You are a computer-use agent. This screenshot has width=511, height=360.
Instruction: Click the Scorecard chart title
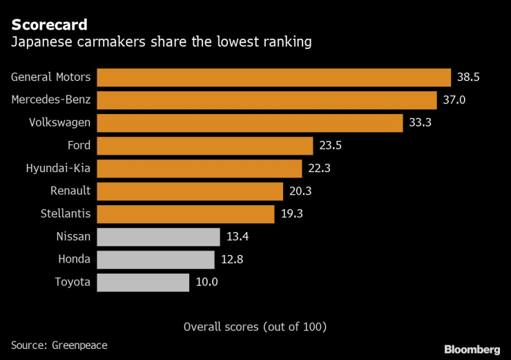click(x=49, y=25)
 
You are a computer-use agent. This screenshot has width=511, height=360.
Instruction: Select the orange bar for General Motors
click(x=273, y=77)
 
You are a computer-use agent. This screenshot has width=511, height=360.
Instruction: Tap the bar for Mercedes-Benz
click(x=267, y=100)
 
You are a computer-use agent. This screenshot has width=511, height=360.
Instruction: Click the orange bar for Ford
click(x=205, y=146)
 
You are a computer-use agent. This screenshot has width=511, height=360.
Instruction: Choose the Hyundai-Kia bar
click(x=200, y=169)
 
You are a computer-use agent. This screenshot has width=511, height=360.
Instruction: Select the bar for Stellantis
click(x=186, y=214)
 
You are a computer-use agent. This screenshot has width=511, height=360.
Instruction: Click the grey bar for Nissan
click(x=159, y=237)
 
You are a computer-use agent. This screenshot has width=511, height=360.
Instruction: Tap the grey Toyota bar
click(x=143, y=283)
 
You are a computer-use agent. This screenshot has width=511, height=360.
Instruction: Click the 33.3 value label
click(x=420, y=123)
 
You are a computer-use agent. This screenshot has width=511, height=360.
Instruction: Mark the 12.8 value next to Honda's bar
click(x=232, y=260)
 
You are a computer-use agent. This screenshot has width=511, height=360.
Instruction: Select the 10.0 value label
click(x=206, y=283)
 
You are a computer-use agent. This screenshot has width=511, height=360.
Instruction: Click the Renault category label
click(x=70, y=191)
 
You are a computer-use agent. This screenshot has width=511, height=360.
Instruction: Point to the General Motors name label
click(x=51, y=77)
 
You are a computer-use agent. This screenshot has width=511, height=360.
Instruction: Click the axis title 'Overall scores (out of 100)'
click(x=255, y=326)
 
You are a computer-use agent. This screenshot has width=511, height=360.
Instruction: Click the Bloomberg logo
click(x=472, y=349)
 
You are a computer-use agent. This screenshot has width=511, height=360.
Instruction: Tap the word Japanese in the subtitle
click(x=40, y=43)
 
